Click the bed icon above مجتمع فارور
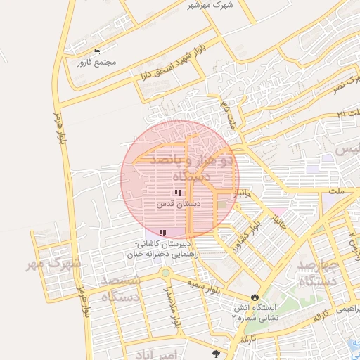(x=96, y=52)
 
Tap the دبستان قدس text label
(x=179, y=203)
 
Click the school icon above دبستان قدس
(x=179, y=193)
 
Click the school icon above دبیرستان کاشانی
(x=163, y=232)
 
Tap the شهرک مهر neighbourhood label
(x=53, y=264)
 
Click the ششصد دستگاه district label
(x=121, y=288)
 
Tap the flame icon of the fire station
(x=255, y=297)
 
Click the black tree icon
(x=215, y=354)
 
